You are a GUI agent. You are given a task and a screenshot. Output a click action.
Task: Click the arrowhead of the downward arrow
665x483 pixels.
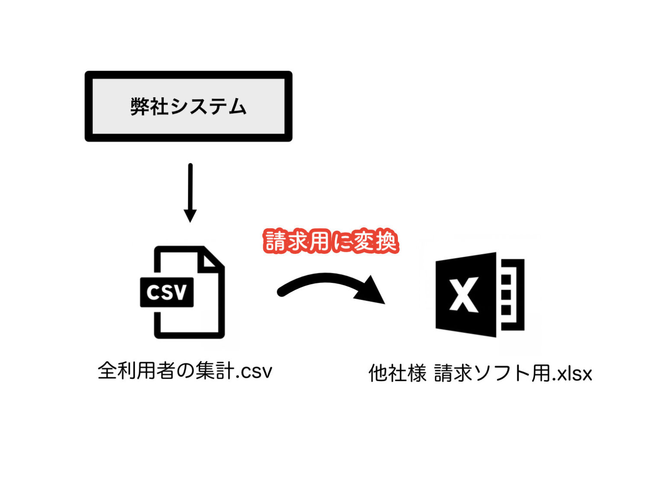pyautogui.click(x=190, y=215)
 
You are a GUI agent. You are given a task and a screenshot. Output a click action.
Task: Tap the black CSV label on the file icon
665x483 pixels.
pyautogui.click(x=167, y=293)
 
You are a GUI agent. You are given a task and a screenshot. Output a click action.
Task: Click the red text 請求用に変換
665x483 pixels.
pyautogui.click(x=331, y=241)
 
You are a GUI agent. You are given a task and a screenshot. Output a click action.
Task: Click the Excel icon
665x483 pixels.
pyautogui.click(x=480, y=294)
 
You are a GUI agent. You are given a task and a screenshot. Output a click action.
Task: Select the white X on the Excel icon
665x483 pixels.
pyautogui.click(x=463, y=294)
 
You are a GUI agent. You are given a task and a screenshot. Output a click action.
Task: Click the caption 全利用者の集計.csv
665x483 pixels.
pyautogui.click(x=185, y=371)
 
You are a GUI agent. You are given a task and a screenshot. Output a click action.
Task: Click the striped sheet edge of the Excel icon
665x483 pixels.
pyautogui.click(x=511, y=294)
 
